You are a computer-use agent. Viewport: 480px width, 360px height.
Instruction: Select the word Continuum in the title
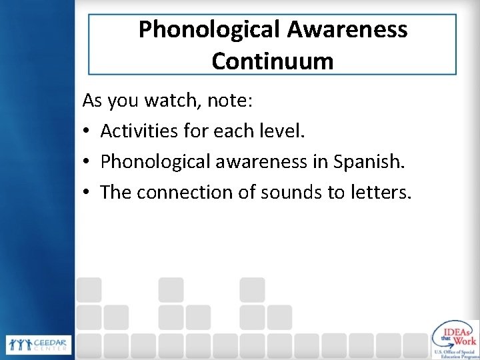pos(273,61)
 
